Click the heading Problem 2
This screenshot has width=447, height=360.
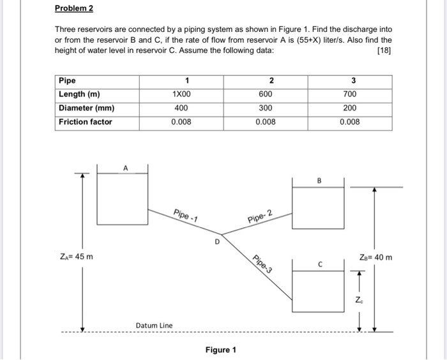pyautogui.click(x=74, y=9)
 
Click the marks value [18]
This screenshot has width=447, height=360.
pyautogui.click(x=384, y=50)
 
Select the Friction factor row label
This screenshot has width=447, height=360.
pyautogui.click(x=86, y=122)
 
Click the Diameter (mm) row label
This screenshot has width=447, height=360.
pyautogui.click(x=87, y=108)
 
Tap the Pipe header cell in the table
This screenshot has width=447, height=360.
pyautogui.click(x=67, y=80)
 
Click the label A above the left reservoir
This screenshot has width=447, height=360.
pyautogui.click(x=126, y=168)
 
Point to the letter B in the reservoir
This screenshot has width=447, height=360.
pyautogui.click(x=319, y=181)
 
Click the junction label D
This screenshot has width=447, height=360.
pyautogui.click(x=217, y=243)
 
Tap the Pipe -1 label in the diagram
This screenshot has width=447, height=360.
pyautogui.click(x=185, y=214)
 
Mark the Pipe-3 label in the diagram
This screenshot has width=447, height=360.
pyautogui.click(x=262, y=264)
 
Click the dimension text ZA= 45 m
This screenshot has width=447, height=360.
pyautogui.click(x=76, y=257)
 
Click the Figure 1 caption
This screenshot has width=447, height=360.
pyautogui.click(x=221, y=350)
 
